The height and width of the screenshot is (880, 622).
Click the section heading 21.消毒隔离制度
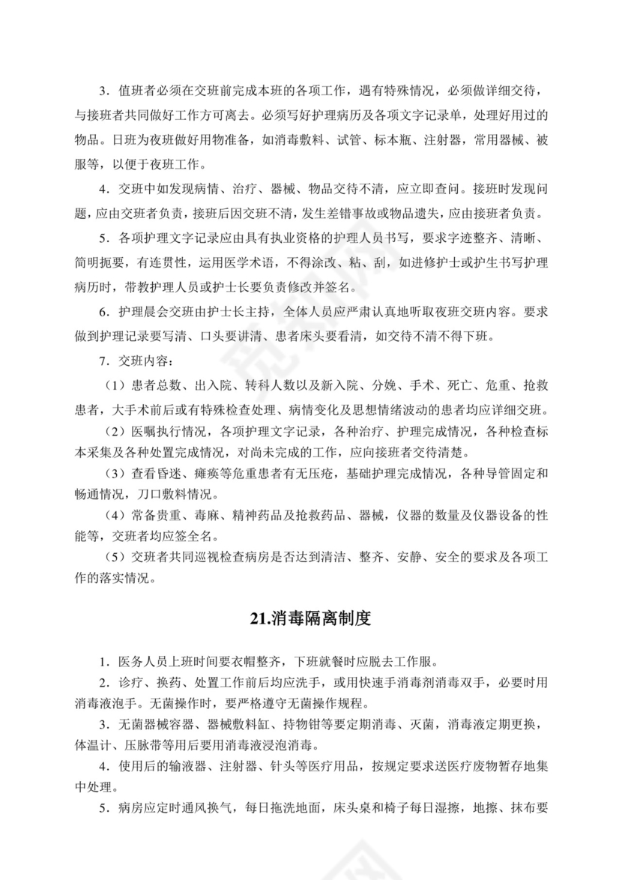311,620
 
